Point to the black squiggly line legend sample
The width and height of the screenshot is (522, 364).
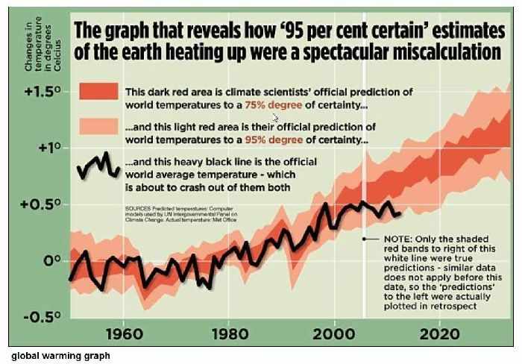pyautogui.click(x=99, y=166)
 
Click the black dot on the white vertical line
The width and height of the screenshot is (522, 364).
pyautogui.click(x=364, y=239)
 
